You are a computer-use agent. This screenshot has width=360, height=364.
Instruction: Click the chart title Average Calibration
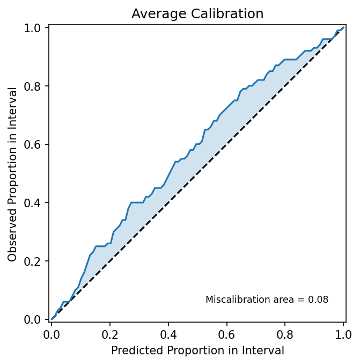tap(197, 14)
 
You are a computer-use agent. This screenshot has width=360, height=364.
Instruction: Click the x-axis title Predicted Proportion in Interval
tap(197, 351)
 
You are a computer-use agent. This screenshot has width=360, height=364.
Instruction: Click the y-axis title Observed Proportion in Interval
tap(12, 174)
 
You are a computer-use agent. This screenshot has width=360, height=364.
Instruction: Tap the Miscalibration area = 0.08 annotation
tap(267, 300)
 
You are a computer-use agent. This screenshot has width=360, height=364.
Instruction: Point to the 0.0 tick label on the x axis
tap(52, 333)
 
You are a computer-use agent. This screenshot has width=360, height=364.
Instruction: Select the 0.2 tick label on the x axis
tap(110, 333)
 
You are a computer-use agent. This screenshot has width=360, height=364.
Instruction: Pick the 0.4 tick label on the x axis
tap(168, 333)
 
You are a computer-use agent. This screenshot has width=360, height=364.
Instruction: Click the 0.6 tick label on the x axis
tap(226, 333)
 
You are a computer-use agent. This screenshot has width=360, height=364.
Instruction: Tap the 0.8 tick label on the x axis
tap(285, 333)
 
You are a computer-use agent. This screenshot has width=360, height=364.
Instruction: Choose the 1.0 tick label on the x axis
tap(343, 333)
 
